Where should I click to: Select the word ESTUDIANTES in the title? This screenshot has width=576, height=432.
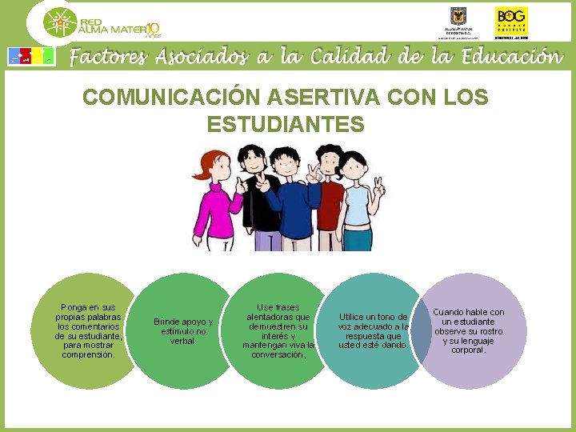[x=286, y=125]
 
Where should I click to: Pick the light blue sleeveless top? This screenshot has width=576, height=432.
[x=357, y=204]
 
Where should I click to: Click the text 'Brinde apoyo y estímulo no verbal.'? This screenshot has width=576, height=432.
[x=183, y=331]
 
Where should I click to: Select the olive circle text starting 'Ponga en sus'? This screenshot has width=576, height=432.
[x=88, y=331]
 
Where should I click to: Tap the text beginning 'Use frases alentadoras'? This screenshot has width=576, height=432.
[x=278, y=331]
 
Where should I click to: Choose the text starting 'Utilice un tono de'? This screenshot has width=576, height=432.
[x=374, y=331]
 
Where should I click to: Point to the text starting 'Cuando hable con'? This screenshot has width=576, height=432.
[x=469, y=331]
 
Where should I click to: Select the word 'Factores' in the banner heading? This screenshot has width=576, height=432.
[x=108, y=57]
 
